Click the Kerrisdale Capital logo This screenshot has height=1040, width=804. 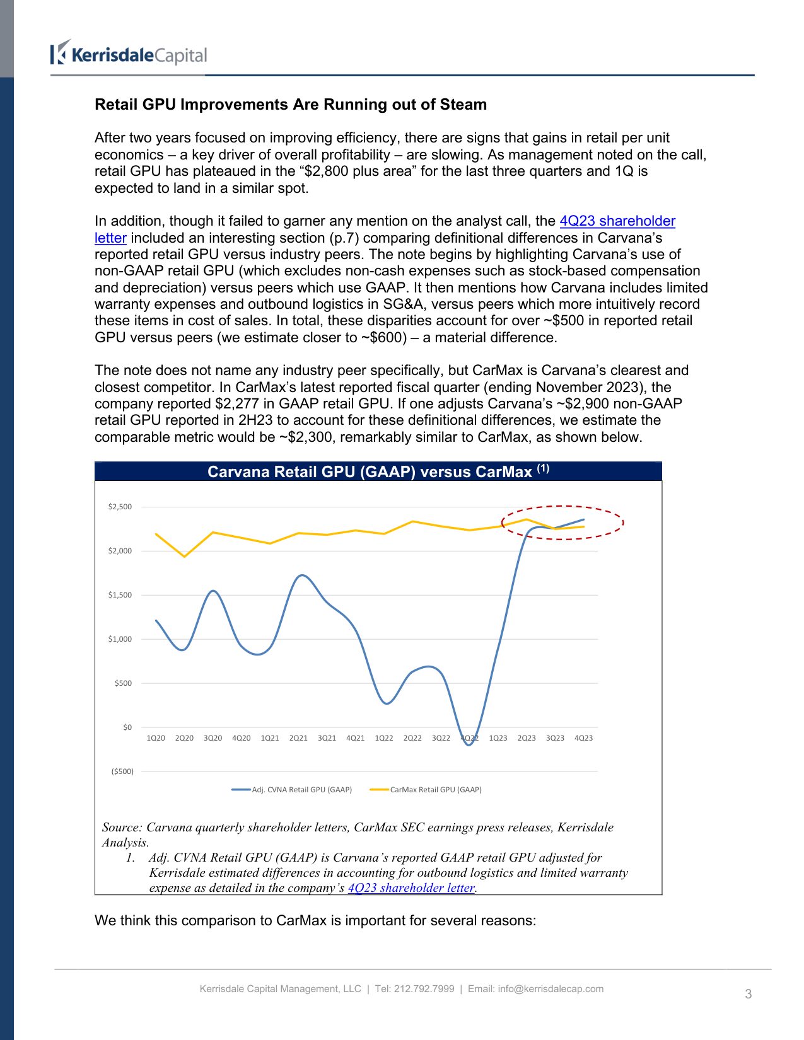click(x=129, y=54)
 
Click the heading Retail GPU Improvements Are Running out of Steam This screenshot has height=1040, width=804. click(x=291, y=105)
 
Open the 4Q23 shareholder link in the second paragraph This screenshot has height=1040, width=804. click(x=617, y=221)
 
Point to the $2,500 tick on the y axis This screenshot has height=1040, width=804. click(x=120, y=507)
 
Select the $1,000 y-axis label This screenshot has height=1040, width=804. click(x=120, y=639)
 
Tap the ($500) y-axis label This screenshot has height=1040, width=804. click(x=122, y=771)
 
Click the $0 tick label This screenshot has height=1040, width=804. click(x=127, y=727)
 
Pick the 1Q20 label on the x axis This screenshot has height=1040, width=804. click(x=156, y=738)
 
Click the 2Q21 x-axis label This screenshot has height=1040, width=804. click(x=298, y=738)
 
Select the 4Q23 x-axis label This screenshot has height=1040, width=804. click(x=583, y=738)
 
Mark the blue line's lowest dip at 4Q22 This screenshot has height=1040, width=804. click(x=469, y=745)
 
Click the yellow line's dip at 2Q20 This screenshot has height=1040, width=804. click(x=184, y=557)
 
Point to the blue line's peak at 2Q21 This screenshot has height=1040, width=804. click(x=301, y=575)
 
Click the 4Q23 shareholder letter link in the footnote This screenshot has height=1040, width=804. click(x=411, y=888)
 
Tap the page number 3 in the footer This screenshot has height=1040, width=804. click(x=749, y=994)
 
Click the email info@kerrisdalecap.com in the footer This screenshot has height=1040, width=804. click(x=551, y=989)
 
